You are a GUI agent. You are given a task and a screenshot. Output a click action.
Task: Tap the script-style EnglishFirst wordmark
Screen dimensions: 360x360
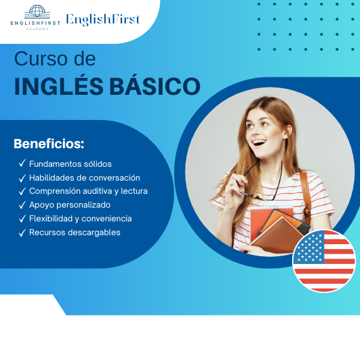click(103, 19)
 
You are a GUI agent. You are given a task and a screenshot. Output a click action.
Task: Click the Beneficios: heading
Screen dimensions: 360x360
click(49, 145)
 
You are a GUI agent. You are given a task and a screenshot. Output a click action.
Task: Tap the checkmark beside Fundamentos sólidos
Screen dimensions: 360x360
click(22, 164)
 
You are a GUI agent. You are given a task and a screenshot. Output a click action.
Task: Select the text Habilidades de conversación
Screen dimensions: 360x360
click(85, 178)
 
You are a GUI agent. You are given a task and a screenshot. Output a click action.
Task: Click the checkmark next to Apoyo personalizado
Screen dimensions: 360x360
click(22, 205)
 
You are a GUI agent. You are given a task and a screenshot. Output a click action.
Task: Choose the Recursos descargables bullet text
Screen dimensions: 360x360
click(74, 232)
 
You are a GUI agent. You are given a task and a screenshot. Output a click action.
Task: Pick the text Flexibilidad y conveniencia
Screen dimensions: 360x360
click(80, 218)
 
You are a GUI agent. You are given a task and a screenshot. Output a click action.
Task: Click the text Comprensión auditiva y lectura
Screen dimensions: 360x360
click(88, 191)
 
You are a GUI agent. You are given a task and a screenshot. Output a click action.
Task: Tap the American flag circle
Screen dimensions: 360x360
click(324, 261)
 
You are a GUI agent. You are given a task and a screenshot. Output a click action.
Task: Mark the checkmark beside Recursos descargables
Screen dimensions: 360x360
click(22, 232)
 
